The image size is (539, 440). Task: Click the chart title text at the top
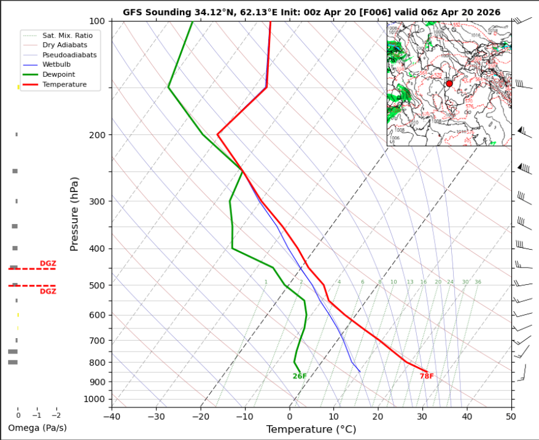point(311,12)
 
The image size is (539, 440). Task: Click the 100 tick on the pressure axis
point(98,21)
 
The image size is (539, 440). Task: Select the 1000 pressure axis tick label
point(96,399)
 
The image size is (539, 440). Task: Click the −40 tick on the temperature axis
point(111,415)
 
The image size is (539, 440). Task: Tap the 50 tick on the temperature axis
point(511,415)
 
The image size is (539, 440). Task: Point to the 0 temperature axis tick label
point(289,415)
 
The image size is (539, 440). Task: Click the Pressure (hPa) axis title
point(74,214)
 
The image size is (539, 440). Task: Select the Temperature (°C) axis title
point(311,430)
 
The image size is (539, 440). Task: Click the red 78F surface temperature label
point(427,376)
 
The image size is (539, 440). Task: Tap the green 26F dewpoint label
point(300,376)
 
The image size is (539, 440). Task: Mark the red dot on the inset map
point(449,83)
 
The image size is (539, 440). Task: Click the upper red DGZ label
point(48,264)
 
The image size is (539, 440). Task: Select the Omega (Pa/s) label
point(37,428)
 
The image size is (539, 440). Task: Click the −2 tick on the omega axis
point(56,415)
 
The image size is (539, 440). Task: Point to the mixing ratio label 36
point(478,282)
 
